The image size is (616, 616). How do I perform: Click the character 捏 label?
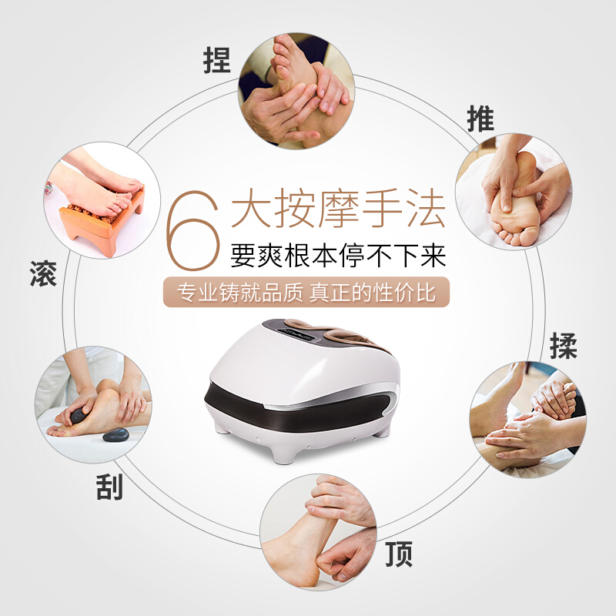tap(216, 60)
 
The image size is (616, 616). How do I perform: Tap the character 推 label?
tap(480, 119)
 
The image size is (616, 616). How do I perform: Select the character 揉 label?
tap(564, 346)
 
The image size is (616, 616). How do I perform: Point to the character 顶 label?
tap(399, 554)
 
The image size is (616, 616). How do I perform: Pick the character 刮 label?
tap(109, 487)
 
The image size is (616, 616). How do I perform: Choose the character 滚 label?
tap(43, 273)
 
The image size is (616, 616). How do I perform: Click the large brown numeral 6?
tap(192, 230)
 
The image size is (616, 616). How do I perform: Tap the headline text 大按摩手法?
tap(338, 208)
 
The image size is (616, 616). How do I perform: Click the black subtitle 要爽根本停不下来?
tap(338, 256)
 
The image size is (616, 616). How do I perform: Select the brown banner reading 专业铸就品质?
tap(306, 292)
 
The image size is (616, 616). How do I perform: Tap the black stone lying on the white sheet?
tap(115, 435)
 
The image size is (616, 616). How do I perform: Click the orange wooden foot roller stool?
tap(102, 221)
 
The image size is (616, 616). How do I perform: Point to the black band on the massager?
tap(296, 410)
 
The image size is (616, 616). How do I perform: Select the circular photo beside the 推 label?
tap(514, 191)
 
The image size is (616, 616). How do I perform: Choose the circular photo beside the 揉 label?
tap(527, 420)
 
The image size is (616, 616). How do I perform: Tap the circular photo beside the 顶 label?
tap(318, 532)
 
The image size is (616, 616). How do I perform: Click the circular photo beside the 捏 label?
tap(296, 91)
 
